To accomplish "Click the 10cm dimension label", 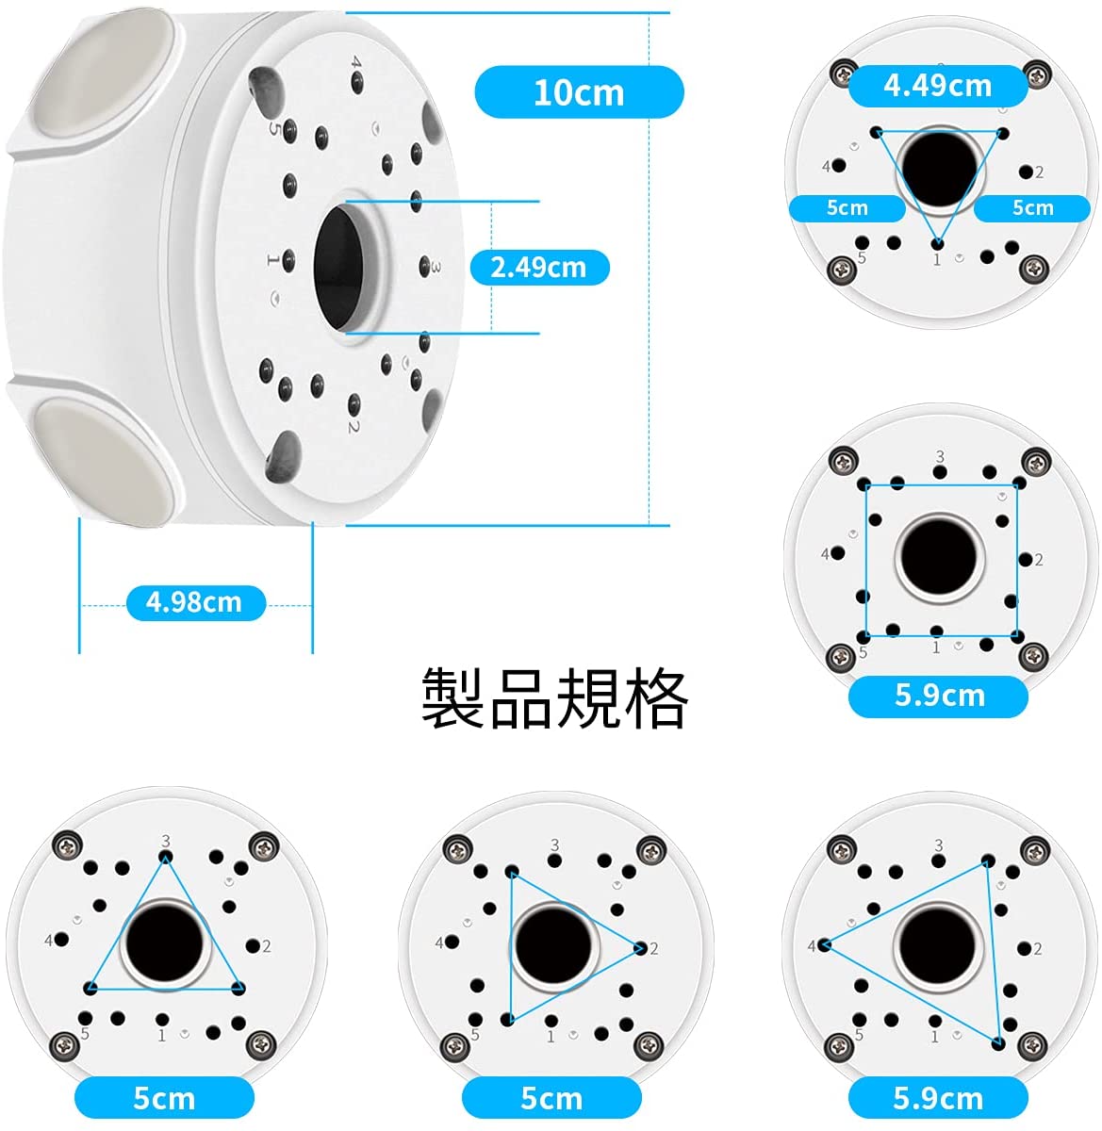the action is [578, 92].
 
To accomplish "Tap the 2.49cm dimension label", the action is [539, 268].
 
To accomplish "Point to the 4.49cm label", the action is [938, 86].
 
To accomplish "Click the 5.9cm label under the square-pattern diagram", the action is [939, 696].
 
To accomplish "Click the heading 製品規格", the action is [554, 698].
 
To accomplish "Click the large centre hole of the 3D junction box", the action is [338, 266].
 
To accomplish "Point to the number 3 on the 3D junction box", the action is [436, 268].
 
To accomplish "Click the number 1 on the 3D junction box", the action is [271, 259].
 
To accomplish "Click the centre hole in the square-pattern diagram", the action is [939, 557].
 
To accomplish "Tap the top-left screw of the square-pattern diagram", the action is [842, 462].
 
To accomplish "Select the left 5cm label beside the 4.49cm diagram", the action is [847, 208].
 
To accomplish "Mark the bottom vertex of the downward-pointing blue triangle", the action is [937, 242].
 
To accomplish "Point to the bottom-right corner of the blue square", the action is [1016, 635].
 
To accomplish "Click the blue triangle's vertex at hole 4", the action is [824, 945].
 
